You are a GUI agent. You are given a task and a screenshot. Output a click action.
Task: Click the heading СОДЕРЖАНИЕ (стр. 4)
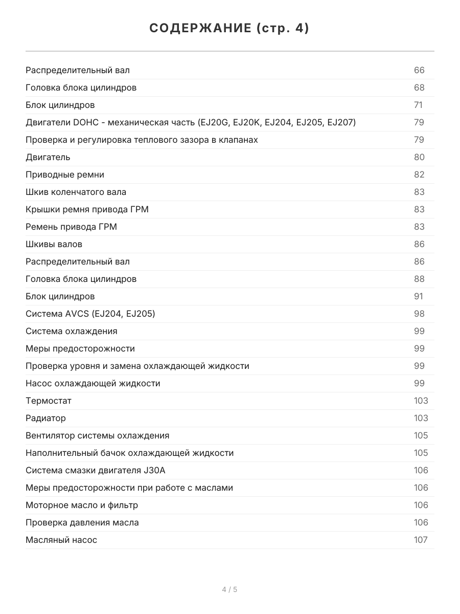pos(229,29)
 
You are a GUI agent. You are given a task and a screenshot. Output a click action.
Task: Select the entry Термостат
pos(49,401)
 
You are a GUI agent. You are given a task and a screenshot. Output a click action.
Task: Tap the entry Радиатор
pos(46,418)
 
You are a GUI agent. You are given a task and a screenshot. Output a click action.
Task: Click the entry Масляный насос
pos(61,540)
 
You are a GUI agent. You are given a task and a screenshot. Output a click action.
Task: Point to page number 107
pos(421,540)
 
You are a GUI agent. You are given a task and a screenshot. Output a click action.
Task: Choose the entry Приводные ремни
pos(65,174)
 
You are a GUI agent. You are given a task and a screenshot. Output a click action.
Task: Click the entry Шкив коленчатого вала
pos(76,192)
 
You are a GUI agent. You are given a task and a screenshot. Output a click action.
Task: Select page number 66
pos(419,70)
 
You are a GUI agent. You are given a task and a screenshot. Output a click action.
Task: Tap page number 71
pos(418,105)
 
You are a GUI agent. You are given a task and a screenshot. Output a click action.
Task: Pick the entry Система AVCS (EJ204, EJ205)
pos(90,314)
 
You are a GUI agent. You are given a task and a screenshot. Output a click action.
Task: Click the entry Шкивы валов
pos(54,244)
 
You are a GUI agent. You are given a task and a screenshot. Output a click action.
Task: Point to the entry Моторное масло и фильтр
pos(82,505)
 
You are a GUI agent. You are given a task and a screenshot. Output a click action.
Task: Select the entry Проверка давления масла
pos(82,522)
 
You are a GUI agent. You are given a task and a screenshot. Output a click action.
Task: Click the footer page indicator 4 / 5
pos(229,589)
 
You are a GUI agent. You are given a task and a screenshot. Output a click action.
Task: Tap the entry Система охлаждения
pos(72,331)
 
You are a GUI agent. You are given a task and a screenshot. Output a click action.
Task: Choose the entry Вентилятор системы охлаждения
pos(98,435)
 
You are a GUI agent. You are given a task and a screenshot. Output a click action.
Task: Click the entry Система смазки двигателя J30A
pos(96,470)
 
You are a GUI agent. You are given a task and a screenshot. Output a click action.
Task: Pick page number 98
pos(419,314)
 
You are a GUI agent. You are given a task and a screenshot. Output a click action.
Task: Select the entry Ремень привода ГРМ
pos(72,227)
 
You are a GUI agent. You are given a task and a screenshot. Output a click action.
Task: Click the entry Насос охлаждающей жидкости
pos(93,383)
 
